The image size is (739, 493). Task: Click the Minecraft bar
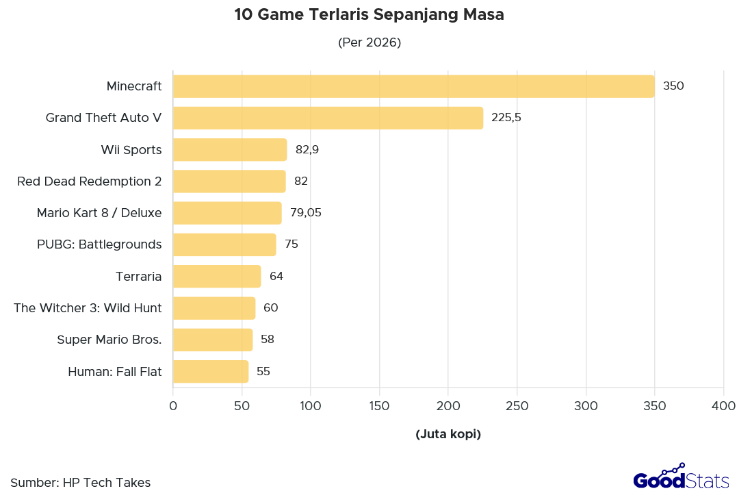point(413,86)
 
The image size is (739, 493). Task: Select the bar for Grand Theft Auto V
point(328,118)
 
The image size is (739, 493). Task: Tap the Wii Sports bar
point(230,149)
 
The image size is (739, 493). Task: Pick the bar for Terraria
point(217,277)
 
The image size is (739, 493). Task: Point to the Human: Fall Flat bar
point(211,372)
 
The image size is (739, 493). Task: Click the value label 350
point(673,86)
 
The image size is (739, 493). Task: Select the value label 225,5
point(506,118)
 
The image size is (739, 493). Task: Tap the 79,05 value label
point(306,213)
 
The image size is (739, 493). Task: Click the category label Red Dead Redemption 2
point(89,181)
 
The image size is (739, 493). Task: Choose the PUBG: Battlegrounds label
point(99,244)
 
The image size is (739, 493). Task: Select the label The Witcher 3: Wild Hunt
point(88,308)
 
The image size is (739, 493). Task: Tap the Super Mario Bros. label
point(109,340)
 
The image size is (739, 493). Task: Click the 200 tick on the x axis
point(448,406)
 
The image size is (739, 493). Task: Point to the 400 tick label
point(723,406)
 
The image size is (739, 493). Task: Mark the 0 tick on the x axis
point(173,406)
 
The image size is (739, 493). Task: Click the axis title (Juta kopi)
point(448,434)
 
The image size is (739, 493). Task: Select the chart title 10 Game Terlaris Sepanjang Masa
point(369,15)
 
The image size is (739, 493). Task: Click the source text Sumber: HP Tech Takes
point(81,483)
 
